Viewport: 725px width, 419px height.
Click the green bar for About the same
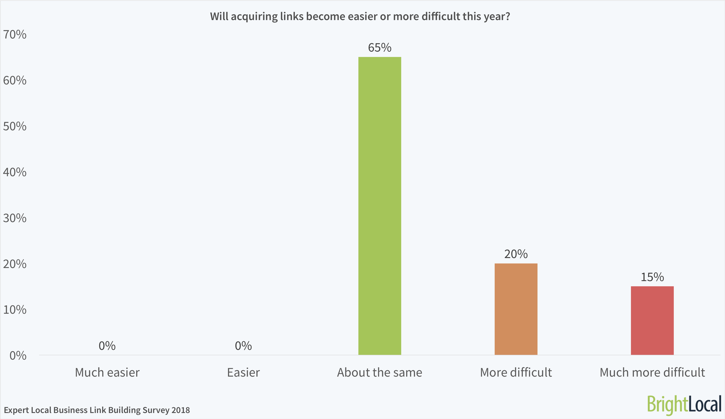coord(379,206)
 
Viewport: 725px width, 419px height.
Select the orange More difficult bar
coord(516,309)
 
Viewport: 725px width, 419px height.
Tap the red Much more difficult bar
coord(652,321)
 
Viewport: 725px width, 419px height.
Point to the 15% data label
coord(652,277)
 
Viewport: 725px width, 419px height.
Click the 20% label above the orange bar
coord(516,254)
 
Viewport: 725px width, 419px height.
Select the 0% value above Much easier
coord(107,346)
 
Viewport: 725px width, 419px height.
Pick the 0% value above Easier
coord(243,346)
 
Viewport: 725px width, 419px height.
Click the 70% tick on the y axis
coord(15,35)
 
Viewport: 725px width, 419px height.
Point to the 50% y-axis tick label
coord(15,126)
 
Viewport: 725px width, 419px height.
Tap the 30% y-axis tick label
coord(15,218)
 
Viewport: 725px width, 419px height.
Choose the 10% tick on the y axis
coord(15,310)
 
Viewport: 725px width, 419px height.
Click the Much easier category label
coord(107,372)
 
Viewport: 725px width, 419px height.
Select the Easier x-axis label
coord(243,372)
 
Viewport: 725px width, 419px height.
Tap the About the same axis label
coord(379,372)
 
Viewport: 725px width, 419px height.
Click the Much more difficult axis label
coord(652,372)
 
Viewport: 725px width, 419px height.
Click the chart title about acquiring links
coord(360,16)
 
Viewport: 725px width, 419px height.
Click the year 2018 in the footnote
coord(181,410)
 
